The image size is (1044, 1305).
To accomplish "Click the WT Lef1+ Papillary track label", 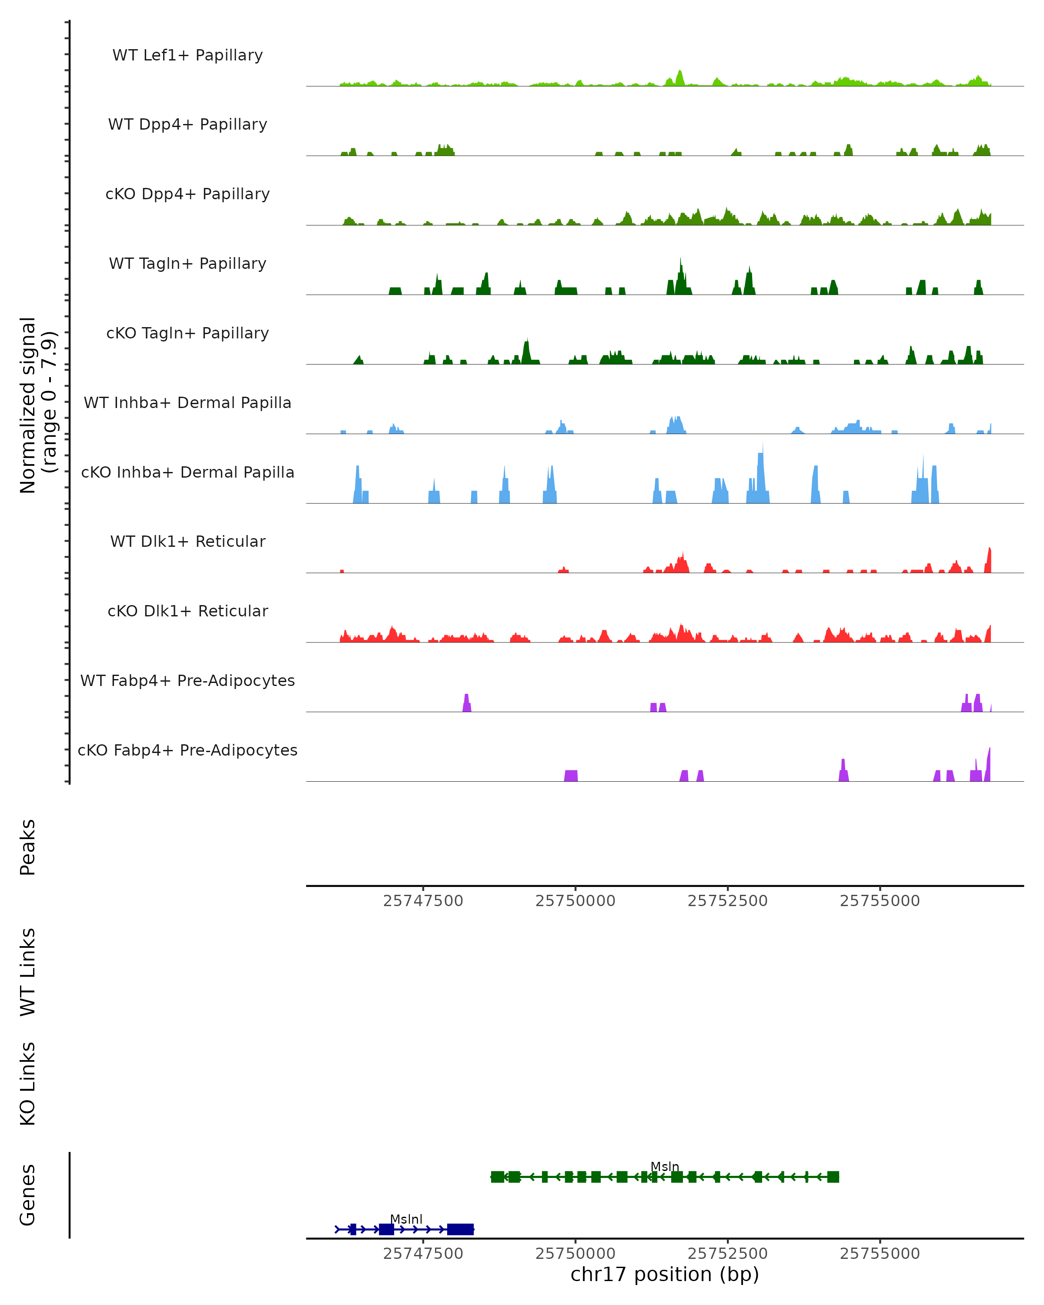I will coord(187,55).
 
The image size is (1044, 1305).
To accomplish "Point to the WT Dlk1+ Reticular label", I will coord(187,541).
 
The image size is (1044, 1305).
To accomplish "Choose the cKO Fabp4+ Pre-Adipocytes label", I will coord(187,750).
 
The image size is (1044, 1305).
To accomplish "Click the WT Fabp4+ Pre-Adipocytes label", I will coord(187,680).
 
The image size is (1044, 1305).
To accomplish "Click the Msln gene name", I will coord(665,1166).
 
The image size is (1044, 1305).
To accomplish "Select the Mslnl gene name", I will coord(406,1219).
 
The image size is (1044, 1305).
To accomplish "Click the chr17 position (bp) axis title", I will coord(665,1274).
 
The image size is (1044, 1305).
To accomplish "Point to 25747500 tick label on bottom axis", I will coord(423,1254).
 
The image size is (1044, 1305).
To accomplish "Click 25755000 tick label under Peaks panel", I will coord(880,901).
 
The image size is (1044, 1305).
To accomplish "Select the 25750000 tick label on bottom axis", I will coord(575,1254).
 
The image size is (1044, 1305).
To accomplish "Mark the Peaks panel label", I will coord(28,847).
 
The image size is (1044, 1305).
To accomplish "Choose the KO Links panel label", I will coord(28,1084).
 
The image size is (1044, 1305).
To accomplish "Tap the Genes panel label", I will coord(28,1195).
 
